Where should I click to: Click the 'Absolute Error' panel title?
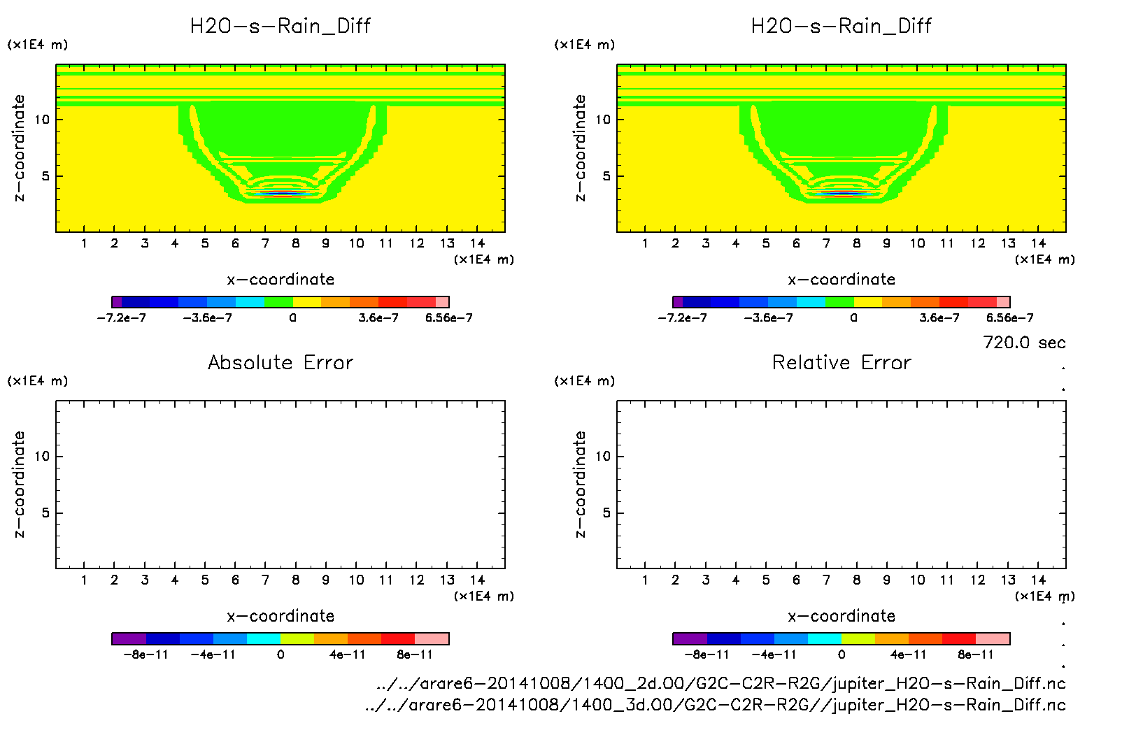click(280, 362)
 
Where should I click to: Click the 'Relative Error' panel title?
click(841, 362)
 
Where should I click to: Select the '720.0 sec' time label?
click(1024, 343)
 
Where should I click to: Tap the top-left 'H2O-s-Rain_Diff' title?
click(280, 26)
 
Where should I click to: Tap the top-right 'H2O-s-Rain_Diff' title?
click(841, 26)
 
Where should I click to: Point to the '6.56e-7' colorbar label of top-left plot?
click(449, 318)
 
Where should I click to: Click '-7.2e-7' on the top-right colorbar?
click(682, 318)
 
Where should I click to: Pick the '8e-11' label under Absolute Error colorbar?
click(415, 655)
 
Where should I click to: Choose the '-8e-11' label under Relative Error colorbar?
click(706, 655)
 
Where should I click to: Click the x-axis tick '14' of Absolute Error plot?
click(477, 580)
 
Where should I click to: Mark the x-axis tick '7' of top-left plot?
click(265, 243)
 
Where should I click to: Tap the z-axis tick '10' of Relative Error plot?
click(603, 457)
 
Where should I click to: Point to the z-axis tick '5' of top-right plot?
click(606, 176)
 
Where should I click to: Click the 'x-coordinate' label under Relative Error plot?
click(841, 616)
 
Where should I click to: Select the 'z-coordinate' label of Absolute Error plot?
click(19, 484)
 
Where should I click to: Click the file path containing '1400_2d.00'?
click(720, 683)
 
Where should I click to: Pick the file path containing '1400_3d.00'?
click(715, 705)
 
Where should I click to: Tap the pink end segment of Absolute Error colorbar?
click(432, 638)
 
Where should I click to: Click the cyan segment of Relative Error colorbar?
click(825, 638)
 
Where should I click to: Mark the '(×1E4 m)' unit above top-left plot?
click(38, 45)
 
